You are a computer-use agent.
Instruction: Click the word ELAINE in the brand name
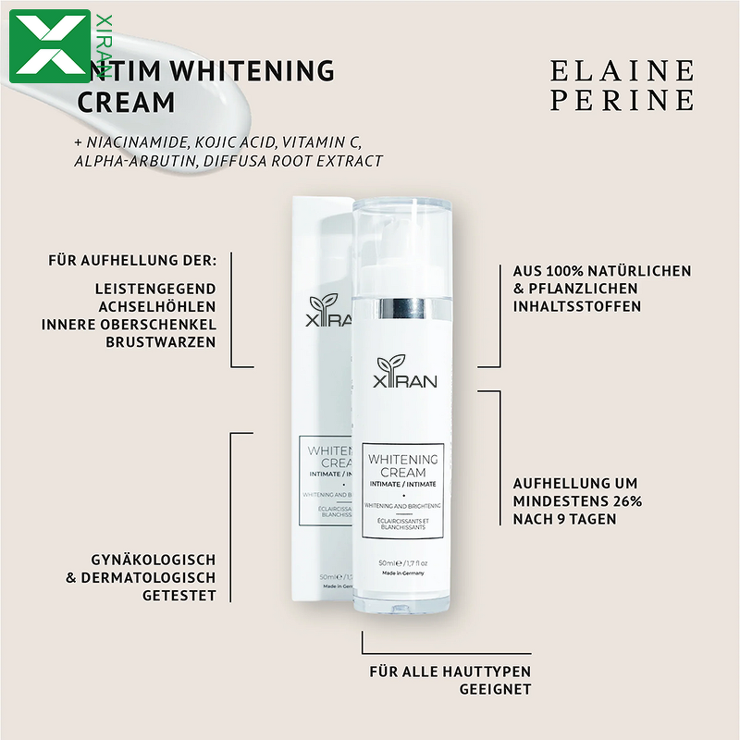coord(622,71)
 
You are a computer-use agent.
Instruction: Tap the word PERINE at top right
coord(622,100)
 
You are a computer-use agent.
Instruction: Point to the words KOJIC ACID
coord(238,142)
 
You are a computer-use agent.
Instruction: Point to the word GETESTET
coord(179,596)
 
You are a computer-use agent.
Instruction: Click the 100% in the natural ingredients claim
coord(564,271)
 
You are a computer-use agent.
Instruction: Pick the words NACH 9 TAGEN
coord(565,519)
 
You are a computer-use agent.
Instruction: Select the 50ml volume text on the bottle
coord(388,562)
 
